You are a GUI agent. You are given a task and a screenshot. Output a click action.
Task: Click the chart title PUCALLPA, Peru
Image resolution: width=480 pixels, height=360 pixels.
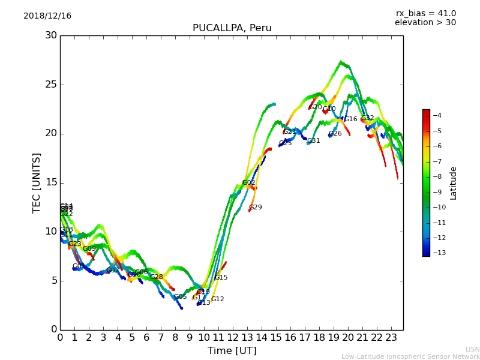(232, 28)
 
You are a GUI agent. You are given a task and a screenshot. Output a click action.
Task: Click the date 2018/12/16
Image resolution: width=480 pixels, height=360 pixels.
(47, 16)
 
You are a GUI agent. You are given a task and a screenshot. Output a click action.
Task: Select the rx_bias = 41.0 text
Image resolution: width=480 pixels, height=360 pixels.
(425, 13)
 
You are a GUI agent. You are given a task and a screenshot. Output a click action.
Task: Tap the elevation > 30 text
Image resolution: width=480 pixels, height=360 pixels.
(425, 23)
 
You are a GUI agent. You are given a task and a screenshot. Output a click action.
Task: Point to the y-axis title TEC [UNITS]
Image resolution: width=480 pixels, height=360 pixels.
(37, 182)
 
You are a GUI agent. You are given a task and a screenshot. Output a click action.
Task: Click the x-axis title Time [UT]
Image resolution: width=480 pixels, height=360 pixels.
(232, 351)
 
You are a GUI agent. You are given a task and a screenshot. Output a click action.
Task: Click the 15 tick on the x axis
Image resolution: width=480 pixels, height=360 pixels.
(276, 338)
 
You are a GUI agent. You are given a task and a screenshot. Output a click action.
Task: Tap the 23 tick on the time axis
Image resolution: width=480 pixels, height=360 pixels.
(391, 338)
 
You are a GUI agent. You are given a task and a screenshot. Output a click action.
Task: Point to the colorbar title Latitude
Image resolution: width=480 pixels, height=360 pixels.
(454, 182)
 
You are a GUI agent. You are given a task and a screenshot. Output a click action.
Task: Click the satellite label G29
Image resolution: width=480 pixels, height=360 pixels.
(256, 208)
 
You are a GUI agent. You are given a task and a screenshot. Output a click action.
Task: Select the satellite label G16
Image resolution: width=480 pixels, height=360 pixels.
(350, 119)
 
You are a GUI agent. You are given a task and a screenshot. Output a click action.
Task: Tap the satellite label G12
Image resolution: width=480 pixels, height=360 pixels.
(217, 299)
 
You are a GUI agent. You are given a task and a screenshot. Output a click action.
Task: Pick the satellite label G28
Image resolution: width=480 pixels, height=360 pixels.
(157, 277)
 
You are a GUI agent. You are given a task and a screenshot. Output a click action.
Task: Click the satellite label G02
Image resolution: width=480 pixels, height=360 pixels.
(249, 183)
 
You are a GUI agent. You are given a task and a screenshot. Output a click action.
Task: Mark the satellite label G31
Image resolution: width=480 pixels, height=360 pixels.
(314, 141)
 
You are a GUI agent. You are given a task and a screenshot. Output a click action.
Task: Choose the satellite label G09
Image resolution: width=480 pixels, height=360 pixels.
(89, 249)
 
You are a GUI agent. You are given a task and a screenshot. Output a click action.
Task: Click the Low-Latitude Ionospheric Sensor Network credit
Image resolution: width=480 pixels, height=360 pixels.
(410, 356)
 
